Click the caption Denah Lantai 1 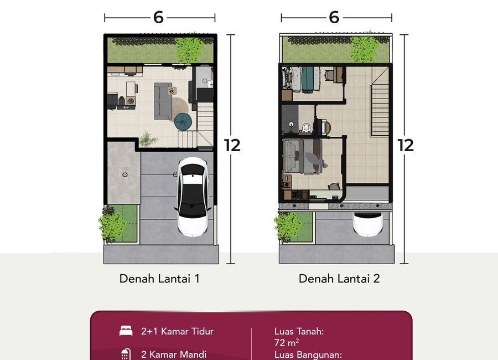159,279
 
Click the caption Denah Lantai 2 339,279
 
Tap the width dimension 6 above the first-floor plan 158,18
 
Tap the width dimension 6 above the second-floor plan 334,18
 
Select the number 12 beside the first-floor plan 232,145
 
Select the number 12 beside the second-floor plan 406,145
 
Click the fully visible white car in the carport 193,197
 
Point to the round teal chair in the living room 183,121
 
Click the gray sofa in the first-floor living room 163,101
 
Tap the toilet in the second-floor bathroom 307,127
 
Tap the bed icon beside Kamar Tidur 126,331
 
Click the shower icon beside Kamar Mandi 126,354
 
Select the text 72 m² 287,342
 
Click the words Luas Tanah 299,331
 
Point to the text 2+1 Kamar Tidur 177,331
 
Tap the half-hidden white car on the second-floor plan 368,224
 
